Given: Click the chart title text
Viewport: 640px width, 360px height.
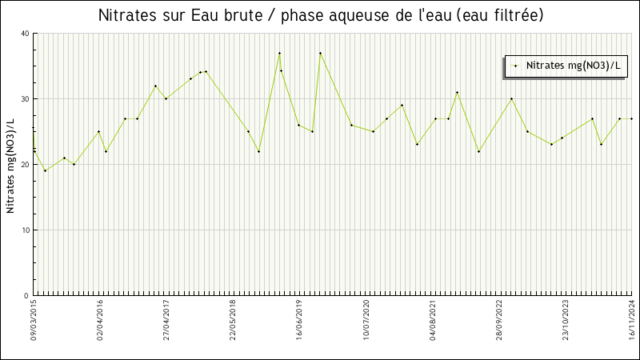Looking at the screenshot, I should pos(320,15).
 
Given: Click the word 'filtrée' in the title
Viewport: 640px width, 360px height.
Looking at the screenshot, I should pos(517,15).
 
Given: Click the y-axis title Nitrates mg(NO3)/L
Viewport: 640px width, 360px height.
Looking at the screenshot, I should pos(10,166).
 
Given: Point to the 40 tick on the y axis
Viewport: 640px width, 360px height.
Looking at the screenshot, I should pos(25,34).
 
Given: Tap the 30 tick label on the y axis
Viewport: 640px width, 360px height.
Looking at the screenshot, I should pos(25,99).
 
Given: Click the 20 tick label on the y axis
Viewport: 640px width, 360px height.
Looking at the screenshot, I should pos(25,165).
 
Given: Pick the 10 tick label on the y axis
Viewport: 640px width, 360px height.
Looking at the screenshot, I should pos(25,230).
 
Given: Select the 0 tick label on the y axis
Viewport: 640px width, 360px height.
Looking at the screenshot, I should pos(26,296).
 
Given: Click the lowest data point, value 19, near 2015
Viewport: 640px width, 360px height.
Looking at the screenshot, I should pos(45,170).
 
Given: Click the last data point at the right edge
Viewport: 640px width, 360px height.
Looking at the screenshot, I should pos(632,118).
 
